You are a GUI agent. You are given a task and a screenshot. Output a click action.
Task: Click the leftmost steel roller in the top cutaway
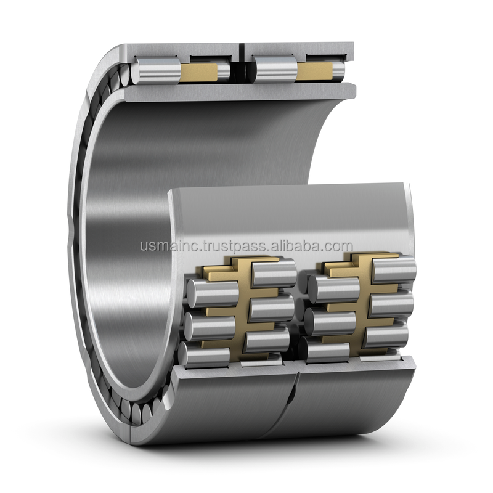pos(156,71)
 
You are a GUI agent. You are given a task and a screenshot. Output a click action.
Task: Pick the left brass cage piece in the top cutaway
pos(198,72)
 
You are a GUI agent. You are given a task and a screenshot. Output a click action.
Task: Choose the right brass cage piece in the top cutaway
pos(314,71)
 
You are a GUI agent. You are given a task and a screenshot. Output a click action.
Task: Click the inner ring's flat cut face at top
pos(240,92)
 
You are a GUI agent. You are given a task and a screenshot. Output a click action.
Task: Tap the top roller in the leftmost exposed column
pos(213,293)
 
